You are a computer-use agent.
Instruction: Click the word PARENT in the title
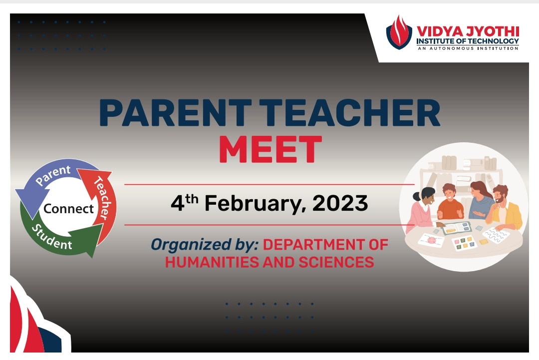point(175,113)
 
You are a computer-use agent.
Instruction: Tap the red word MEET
point(270,149)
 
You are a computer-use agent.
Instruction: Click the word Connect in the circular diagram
point(68,208)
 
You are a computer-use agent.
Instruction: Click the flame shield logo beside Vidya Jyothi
point(399,32)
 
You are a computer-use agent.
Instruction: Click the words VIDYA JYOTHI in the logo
point(468,31)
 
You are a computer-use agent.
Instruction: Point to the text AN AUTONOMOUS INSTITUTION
point(468,48)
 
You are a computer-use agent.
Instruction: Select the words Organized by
point(205,245)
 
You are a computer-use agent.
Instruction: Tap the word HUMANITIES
point(212,262)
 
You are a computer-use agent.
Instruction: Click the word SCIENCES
point(336,262)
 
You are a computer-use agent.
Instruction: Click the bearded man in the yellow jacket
point(505,208)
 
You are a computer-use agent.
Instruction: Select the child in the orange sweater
point(451,203)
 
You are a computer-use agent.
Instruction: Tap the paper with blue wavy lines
point(497,236)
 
